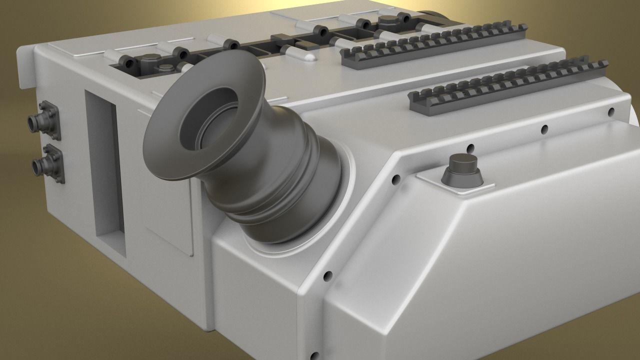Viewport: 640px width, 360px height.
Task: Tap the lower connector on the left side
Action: (x=46, y=162)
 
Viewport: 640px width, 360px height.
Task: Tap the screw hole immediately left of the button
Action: (x=395, y=178)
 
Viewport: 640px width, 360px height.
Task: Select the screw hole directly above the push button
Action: (x=470, y=148)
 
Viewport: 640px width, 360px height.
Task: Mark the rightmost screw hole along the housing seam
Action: (x=610, y=111)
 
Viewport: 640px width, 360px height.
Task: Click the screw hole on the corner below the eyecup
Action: (x=327, y=275)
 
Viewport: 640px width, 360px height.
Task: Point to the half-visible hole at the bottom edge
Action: (x=314, y=356)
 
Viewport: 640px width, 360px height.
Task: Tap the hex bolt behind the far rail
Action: (x=387, y=20)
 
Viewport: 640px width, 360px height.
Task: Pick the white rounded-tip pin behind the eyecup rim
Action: (x=298, y=53)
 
